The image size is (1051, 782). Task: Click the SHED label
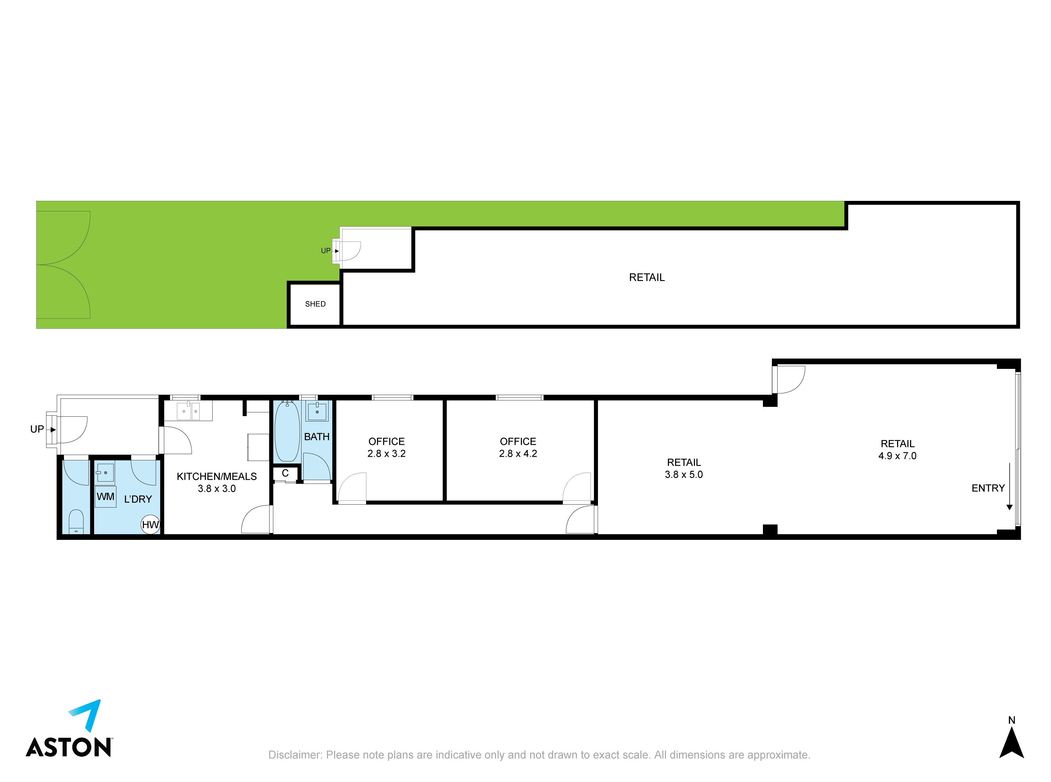click(315, 304)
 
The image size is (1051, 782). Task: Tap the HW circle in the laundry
click(151, 525)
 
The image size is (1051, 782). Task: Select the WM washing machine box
click(105, 497)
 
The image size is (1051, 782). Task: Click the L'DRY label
click(138, 500)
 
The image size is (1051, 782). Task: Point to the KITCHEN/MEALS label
click(217, 476)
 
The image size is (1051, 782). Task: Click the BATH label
click(316, 437)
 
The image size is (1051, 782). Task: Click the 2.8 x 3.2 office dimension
click(387, 453)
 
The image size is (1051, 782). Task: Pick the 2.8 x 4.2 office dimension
click(518, 453)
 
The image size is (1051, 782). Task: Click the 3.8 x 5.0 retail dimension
click(684, 474)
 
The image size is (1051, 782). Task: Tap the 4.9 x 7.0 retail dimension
click(898, 456)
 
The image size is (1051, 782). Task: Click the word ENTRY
click(988, 488)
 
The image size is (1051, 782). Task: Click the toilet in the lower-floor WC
click(76, 522)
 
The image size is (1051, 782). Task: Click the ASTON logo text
click(69, 747)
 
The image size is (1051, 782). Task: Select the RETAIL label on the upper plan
click(647, 277)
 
